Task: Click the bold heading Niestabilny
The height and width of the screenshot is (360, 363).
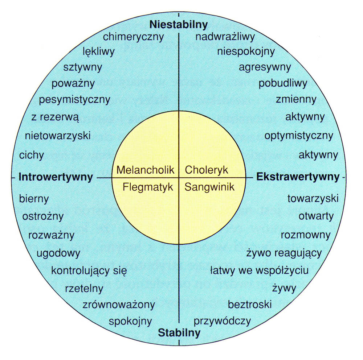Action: click(x=178, y=25)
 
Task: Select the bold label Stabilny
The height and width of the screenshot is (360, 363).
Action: click(x=179, y=332)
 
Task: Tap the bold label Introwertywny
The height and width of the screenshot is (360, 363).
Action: click(x=56, y=177)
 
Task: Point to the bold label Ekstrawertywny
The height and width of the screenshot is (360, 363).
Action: click(x=298, y=177)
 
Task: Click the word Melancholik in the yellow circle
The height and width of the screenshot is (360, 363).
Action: click(x=146, y=170)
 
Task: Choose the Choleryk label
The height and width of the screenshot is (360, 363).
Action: click(x=206, y=170)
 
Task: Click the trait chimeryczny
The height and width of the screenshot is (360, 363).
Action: click(x=133, y=37)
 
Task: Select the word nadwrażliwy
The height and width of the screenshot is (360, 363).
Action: click(x=225, y=37)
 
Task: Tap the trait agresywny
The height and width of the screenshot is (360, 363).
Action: click(x=265, y=67)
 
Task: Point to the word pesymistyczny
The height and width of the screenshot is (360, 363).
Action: click(x=74, y=99)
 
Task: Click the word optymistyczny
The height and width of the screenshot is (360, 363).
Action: click(x=298, y=136)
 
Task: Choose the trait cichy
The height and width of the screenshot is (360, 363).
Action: click(x=32, y=156)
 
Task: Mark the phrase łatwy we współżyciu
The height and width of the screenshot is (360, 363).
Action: click(x=260, y=270)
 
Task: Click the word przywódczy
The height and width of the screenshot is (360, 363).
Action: click(x=222, y=321)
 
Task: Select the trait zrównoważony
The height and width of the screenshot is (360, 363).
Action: click(x=119, y=304)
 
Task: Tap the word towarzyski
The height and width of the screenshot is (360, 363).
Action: click(x=313, y=199)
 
